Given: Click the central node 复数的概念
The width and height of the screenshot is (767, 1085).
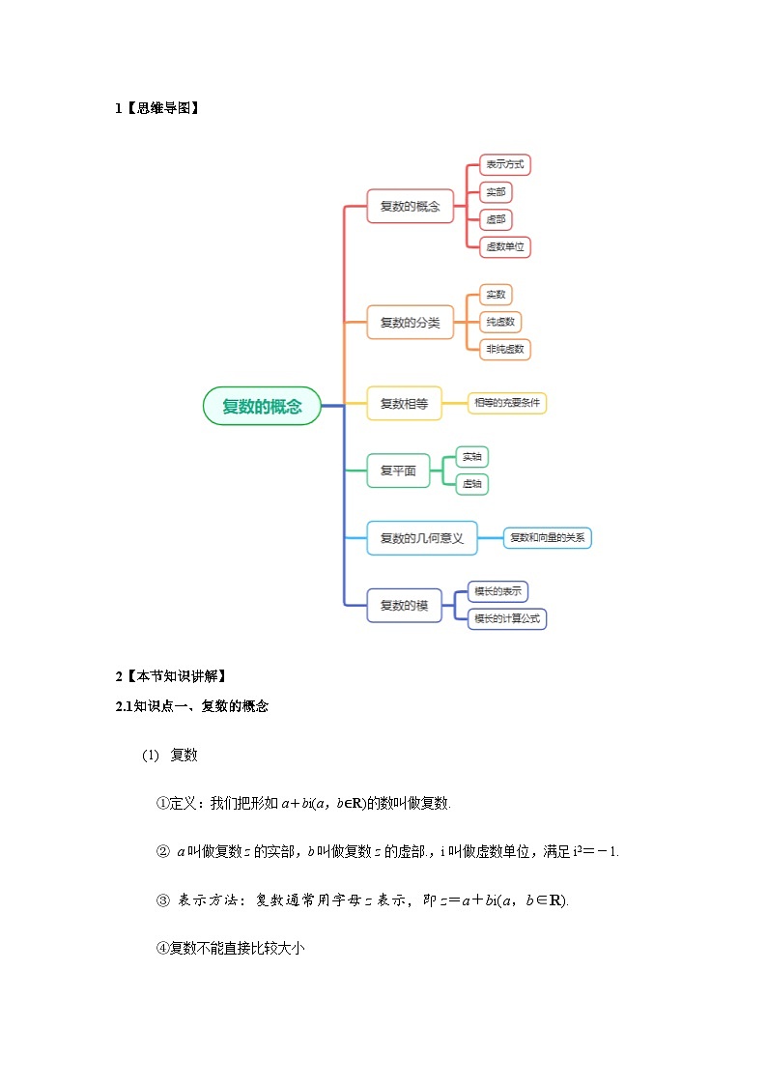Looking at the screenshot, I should (262, 406).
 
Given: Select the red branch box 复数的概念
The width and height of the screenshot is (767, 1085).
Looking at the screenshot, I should (410, 206).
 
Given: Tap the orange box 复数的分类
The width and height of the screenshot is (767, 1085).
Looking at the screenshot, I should (410, 322).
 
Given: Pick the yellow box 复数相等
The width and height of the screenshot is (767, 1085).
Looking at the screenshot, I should (404, 403).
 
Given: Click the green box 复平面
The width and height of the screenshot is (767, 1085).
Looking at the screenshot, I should (398, 471).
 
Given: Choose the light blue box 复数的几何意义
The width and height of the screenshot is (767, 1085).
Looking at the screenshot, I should (422, 538).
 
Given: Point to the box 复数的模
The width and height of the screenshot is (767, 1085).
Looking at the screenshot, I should (404, 605).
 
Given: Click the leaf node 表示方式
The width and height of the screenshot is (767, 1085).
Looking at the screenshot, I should (505, 165).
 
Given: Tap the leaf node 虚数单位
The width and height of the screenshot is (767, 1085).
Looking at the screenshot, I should (505, 246).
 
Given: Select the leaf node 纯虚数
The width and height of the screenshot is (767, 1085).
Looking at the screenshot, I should (500, 322).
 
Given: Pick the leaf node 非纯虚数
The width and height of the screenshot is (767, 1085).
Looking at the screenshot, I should (505, 349).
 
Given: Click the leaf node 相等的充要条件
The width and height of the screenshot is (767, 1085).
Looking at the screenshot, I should (507, 403).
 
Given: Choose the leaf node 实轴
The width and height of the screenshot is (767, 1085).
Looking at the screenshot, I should (471, 456).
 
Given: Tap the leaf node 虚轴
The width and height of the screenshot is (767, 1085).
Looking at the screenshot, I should (471, 483).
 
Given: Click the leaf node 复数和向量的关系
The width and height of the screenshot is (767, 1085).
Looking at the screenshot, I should (547, 538).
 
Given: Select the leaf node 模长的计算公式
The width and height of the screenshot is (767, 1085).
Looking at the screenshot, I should (507, 618).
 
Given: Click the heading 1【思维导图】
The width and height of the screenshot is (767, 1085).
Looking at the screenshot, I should (157, 108).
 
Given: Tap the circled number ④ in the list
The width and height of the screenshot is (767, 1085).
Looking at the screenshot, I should (162, 949).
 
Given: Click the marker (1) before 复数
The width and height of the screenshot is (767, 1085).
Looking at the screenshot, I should (150, 755).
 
